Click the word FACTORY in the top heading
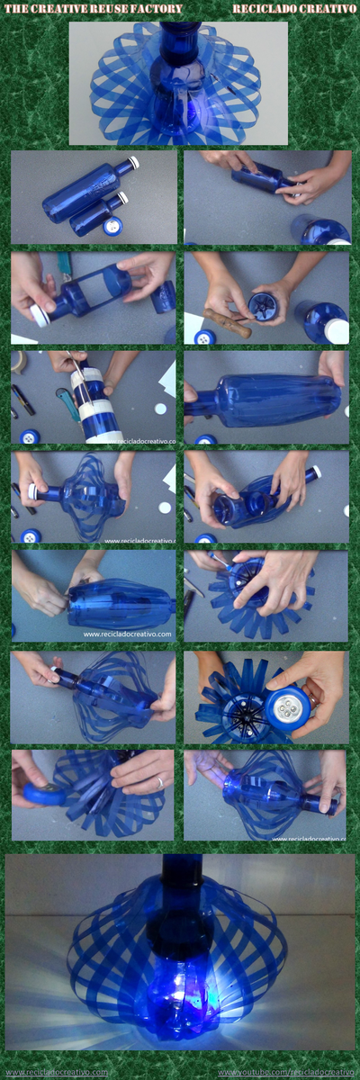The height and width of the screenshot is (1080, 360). [x=156, y=8]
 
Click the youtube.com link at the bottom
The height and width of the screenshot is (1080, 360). [x=285, y=1073]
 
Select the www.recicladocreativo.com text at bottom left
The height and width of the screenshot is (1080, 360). [x=56, y=1073]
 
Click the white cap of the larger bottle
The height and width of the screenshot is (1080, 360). [x=133, y=163]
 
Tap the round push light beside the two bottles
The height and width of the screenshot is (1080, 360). [x=113, y=226]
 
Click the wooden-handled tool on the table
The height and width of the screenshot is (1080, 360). [x=229, y=321]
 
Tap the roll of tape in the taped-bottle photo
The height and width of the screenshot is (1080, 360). [x=19, y=362]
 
